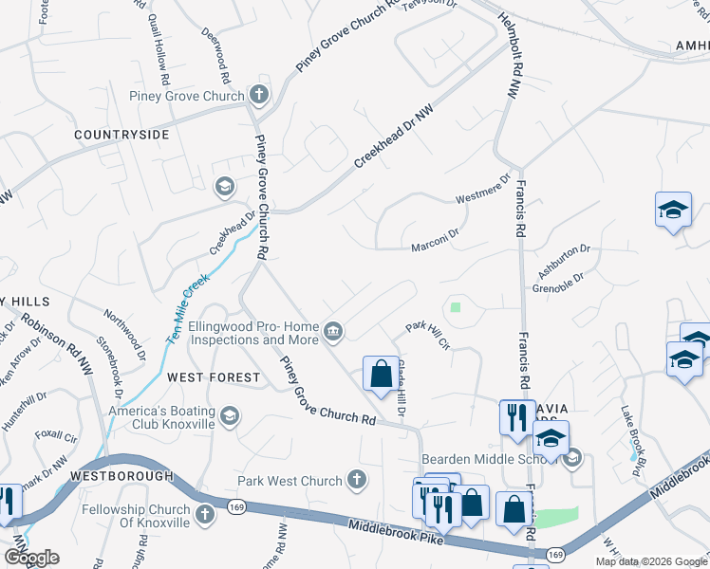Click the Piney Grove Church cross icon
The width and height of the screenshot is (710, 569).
(x=257, y=95)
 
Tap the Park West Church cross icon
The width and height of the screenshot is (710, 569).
(x=357, y=480)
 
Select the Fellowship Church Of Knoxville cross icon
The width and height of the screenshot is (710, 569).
(x=204, y=516)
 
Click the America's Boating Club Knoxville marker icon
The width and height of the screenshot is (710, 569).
(x=229, y=416)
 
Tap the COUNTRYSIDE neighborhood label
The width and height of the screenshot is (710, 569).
(x=122, y=135)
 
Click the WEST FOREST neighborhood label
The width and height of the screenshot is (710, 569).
(x=214, y=377)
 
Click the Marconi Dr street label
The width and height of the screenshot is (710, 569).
(x=435, y=247)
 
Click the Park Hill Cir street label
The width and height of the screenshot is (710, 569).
(x=427, y=337)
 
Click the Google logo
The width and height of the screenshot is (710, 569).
(x=31, y=558)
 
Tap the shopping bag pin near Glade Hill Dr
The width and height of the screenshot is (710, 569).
(x=381, y=374)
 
